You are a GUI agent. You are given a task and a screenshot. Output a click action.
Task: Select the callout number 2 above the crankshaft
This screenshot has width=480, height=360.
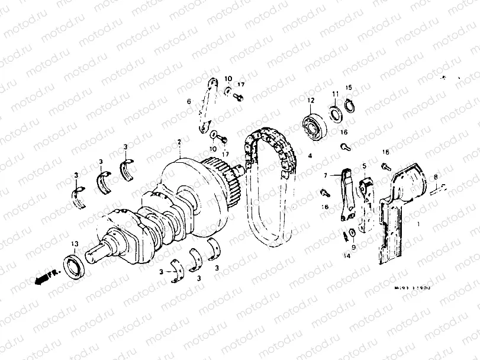(x=178, y=142)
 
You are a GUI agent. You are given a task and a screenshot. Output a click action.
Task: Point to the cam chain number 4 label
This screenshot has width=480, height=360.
(x=309, y=156)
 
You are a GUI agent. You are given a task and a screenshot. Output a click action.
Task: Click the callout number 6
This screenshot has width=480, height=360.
(x=189, y=102)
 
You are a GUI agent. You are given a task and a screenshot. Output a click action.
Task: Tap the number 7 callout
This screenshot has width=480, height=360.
(x=325, y=176)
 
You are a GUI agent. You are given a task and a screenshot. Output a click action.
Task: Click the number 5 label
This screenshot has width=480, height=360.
(x=365, y=166)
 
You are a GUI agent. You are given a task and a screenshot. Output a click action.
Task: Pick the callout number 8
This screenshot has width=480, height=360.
(x=436, y=177)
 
